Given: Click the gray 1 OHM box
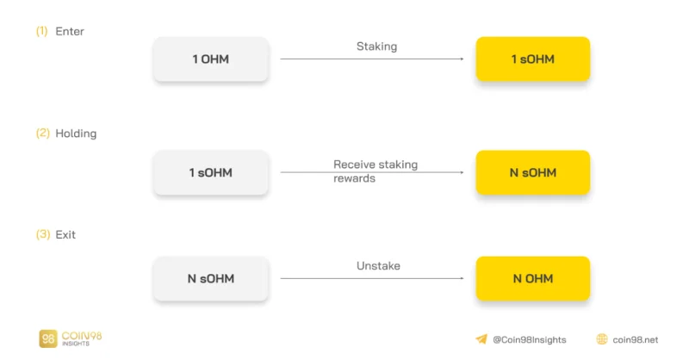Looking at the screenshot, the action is point(211,59).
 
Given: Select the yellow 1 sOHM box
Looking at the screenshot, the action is point(532,59).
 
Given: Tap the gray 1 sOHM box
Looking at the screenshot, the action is point(211,172).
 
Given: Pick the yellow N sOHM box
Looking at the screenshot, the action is point(532,172).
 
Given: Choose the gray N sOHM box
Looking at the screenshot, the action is point(211,278).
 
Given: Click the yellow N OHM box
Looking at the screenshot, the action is point(532,278).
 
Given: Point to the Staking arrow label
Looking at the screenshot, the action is point(376,47).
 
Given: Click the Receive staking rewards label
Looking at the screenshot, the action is point(376,171).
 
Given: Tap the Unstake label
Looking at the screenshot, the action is point(378,265).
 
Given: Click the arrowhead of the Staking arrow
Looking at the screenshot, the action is point(462,59).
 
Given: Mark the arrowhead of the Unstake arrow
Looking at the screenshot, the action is point(462,278).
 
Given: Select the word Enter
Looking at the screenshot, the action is point(70,32).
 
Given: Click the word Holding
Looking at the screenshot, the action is point(76,133).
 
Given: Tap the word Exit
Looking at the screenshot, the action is point(65,235).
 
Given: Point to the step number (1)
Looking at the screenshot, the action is point(41,31).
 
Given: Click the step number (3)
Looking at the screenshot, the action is point(42,234).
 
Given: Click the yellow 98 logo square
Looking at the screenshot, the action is point(48,338).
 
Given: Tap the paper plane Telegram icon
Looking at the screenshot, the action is point(481,339).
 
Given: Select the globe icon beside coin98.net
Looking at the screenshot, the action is point(602,339).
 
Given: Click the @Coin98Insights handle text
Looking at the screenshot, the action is point(530,340).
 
